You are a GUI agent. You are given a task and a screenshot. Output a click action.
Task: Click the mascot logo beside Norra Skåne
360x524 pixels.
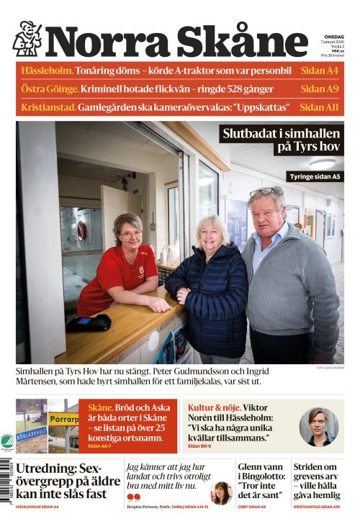tap(27, 39)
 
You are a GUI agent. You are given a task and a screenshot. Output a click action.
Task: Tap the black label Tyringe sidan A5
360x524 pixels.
tap(315, 176)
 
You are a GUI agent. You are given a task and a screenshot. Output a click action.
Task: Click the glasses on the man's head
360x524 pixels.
tap(266, 191)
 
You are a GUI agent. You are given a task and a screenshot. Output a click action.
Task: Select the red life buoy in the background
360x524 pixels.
tap(81, 230)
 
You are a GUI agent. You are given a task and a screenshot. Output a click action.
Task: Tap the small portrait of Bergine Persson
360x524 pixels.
tap(219, 492)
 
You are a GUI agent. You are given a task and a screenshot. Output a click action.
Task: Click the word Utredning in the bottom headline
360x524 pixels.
tap(45, 469)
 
